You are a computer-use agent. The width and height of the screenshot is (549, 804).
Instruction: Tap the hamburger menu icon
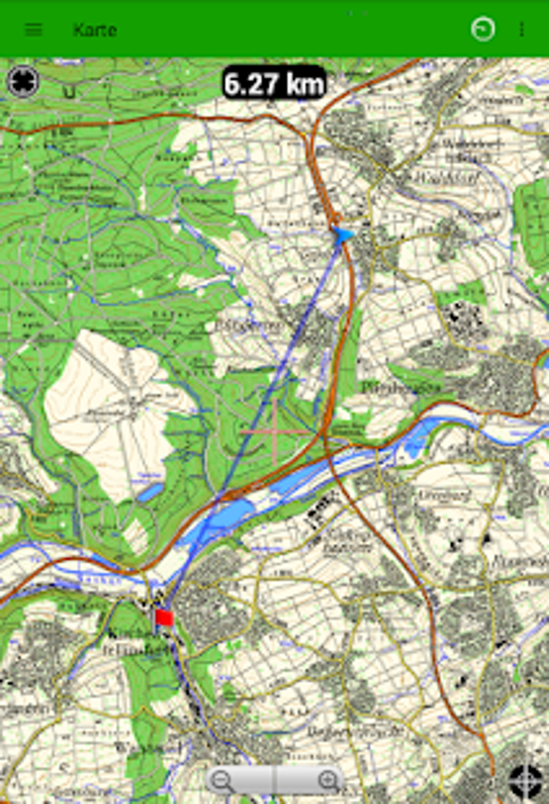(33, 30)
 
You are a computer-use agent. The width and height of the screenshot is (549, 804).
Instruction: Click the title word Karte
(95, 30)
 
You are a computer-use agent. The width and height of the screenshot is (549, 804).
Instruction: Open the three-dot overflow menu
(522, 30)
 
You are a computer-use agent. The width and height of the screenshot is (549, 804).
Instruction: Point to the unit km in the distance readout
(305, 84)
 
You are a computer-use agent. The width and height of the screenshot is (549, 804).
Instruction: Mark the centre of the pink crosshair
(276, 432)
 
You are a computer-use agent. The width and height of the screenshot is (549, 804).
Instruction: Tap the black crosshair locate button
(526, 780)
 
